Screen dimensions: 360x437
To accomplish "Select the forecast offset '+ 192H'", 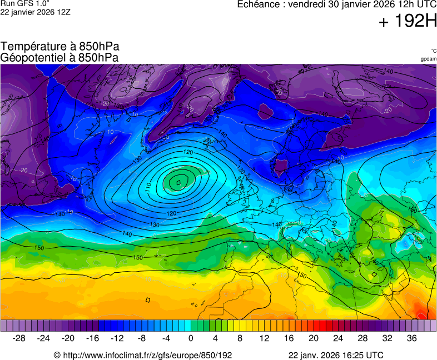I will point(408,22).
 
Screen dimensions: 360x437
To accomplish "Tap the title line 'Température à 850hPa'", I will point(60,47).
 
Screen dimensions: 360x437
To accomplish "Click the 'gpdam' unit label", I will point(428,58).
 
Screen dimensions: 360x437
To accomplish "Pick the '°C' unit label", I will point(433,51).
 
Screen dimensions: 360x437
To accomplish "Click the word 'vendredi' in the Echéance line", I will point(314,4).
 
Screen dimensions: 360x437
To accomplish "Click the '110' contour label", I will point(149,187).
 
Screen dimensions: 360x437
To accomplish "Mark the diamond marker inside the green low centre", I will point(178,182).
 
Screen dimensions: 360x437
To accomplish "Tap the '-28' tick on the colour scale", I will point(19,338).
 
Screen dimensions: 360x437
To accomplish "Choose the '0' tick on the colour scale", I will point(191,338).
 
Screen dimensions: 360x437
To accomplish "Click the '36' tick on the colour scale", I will point(411,338).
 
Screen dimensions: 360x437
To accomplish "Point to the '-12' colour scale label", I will point(117,338).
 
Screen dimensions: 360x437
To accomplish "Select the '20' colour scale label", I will point(314,338).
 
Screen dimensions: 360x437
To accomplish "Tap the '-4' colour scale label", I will point(166,338).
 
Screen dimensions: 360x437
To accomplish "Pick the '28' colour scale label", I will point(362,338).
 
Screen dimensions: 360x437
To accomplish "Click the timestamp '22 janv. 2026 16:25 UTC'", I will point(335,355).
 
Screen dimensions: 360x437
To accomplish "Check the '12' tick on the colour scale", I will point(265,338).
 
